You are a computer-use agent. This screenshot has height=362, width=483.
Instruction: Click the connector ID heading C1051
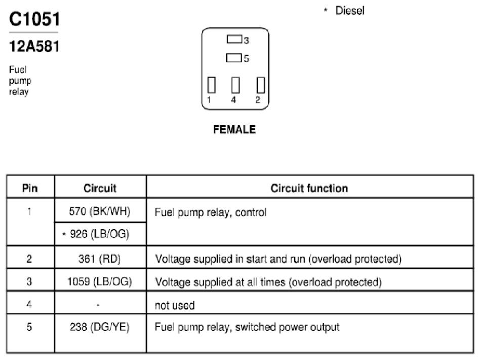[34, 19]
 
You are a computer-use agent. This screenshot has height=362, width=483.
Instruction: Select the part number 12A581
[34, 47]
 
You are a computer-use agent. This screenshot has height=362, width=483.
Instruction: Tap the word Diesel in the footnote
[350, 11]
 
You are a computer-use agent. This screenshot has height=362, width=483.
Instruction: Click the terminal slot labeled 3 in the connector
[234, 39]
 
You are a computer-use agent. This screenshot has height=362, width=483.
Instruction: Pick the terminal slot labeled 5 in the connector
[233, 58]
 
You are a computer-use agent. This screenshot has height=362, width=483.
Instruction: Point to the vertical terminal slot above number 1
[212, 85]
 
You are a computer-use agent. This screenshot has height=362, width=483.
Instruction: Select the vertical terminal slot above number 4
[235, 85]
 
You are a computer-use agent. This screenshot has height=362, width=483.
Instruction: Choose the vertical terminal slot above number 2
[261, 85]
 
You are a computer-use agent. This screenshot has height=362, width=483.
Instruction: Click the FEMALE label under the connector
[234, 129]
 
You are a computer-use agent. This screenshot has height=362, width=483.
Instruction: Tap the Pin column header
[30, 188]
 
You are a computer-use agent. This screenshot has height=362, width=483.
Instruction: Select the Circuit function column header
[309, 188]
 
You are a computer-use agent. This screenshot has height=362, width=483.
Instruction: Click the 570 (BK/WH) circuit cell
[100, 211]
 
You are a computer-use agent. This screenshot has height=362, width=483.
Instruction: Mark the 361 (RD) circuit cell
[100, 259]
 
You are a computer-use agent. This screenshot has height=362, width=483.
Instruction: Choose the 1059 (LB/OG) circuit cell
[100, 281]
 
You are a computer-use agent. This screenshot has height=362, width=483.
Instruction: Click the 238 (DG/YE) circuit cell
[100, 327]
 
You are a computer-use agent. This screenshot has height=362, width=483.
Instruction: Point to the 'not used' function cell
[175, 305]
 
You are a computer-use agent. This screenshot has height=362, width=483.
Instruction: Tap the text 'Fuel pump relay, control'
[211, 212]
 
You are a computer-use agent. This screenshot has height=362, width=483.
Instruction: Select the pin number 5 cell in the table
[29, 327]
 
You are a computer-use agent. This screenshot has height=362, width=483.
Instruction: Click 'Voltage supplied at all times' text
[220, 282]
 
